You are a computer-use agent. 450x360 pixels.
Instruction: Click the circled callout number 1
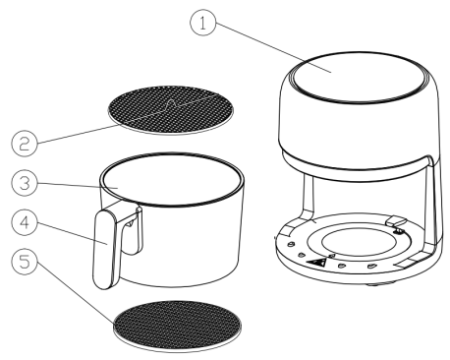pos(203,23)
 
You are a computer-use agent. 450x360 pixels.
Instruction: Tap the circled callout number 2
pos(25,144)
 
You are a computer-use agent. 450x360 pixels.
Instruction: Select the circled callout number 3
pos(25,183)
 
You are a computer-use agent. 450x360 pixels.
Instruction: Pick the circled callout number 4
pos(25,222)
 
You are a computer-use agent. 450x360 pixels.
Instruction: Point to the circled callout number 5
pos(25,262)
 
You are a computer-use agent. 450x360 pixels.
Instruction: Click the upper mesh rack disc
pos(171,110)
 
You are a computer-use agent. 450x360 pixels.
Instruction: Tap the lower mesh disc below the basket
pos(178,327)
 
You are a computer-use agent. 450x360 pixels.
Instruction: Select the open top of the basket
pos(172,179)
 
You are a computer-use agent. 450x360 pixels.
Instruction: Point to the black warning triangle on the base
pos(316,263)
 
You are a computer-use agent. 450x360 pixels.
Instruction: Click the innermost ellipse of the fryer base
pos(359,242)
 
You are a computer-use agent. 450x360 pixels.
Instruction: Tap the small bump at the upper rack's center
pos(171,103)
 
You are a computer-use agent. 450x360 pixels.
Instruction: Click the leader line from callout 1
pos(273,47)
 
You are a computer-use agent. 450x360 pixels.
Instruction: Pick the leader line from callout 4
pos(72,233)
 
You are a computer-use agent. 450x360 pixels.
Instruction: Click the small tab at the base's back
pos(396,221)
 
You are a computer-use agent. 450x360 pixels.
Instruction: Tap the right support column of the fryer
pos(433,204)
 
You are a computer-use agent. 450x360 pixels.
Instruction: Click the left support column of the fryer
pos(309,196)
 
